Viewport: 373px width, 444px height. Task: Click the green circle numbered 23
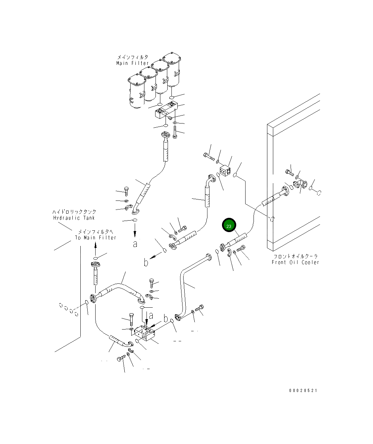pos(229,225)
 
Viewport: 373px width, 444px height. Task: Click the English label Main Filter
pos(132,63)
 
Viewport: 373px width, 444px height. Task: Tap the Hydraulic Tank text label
pos(74,218)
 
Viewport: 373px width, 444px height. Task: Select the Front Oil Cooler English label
pos(295,262)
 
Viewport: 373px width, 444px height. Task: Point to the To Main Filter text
pos(96,238)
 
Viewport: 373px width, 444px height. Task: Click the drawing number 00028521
pos(303,391)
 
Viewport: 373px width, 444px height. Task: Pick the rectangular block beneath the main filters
pos(166,110)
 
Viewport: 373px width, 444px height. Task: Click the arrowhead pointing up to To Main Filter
pos(96,246)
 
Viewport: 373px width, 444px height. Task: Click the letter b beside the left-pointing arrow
pos(146,262)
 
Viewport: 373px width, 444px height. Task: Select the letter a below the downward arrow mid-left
pos(135,244)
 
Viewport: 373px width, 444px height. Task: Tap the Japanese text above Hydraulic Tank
pos(74,212)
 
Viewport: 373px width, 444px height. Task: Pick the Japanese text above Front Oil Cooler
pos(295,256)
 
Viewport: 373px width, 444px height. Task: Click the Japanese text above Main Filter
pos(133,57)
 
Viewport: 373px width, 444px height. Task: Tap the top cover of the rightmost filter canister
pos(172,57)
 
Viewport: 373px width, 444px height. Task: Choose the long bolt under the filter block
pos(175,132)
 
